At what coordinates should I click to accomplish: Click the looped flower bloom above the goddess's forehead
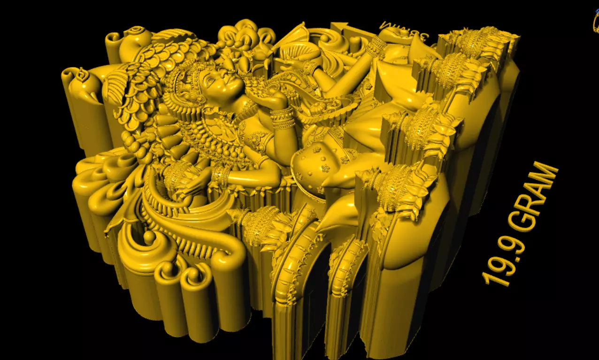[x=244, y=35]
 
